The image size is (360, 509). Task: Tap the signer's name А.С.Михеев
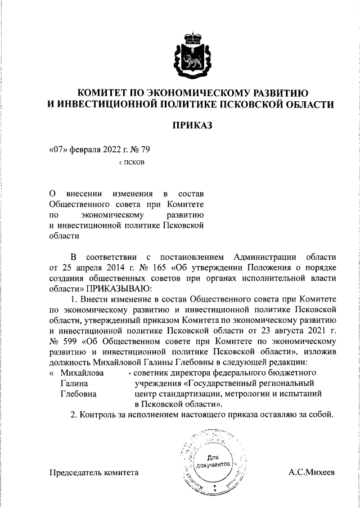click(312, 473)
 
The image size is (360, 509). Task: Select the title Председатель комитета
click(94, 473)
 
